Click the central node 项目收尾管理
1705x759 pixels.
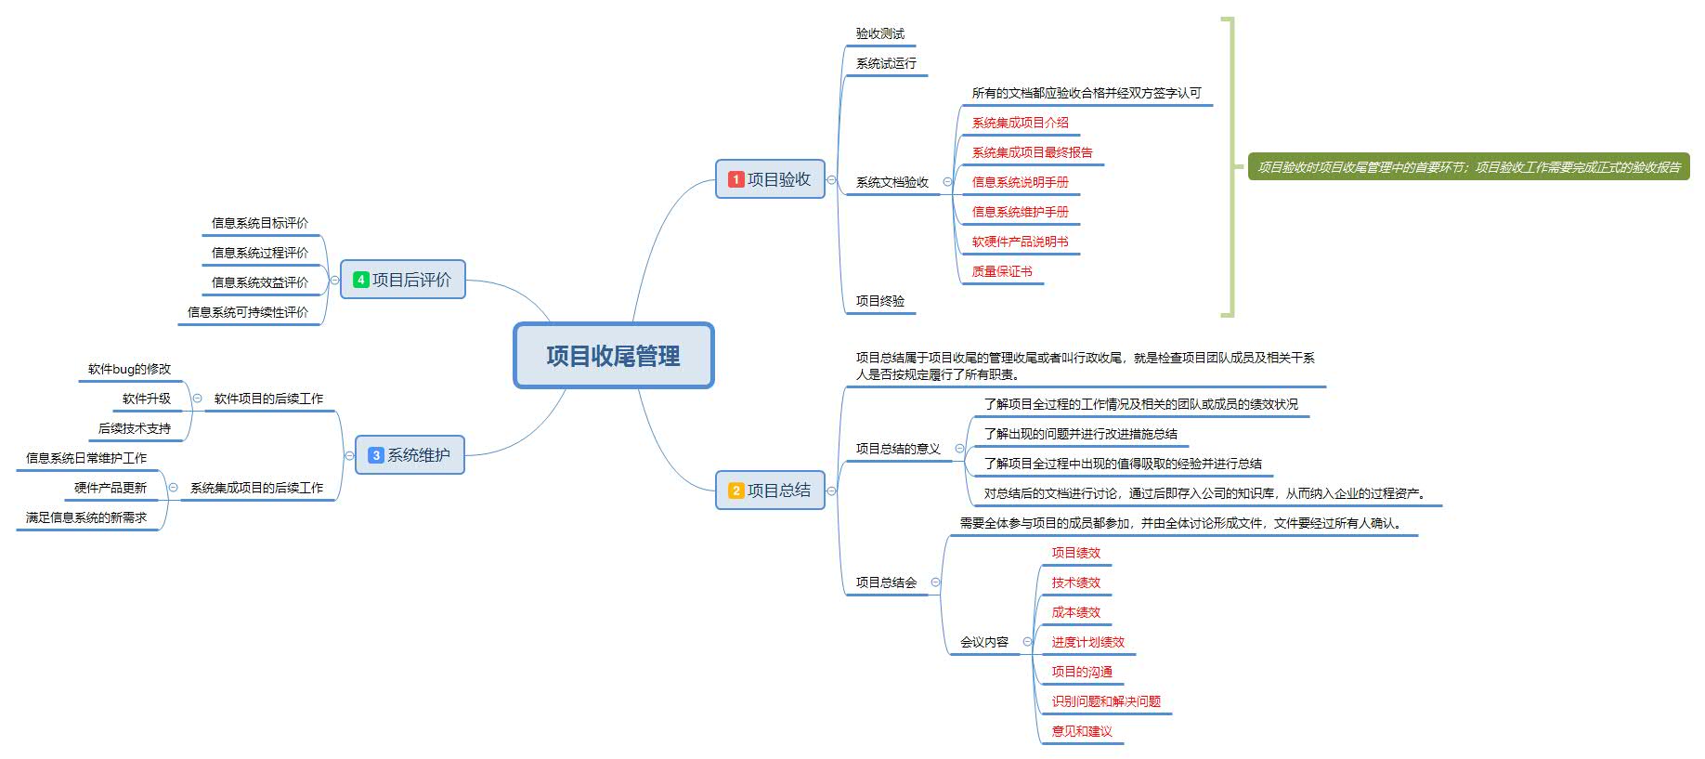[614, 356]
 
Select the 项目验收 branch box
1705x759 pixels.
[770, 179]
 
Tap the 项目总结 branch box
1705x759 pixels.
[770, 491]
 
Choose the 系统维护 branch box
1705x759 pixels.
[410, 455]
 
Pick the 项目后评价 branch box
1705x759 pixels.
[402, 280]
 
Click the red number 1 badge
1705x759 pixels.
[736, 179]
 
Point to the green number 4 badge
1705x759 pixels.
[361, 280]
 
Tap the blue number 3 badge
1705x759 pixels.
[376, 455]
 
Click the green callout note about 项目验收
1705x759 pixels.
[1468, 167]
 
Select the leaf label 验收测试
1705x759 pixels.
[879, 34]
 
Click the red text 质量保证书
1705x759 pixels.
[1002, 271]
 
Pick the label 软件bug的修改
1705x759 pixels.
[129, 369]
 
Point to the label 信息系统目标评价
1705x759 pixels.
[260, 223]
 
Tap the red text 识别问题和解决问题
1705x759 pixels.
[1106, 701]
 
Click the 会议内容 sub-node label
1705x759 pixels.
[984, 642]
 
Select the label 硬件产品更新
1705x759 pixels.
[111, 488]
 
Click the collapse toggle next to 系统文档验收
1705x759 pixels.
[947, 182]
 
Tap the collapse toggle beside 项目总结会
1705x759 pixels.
[935, 582]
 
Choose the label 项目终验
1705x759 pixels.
[879, 301]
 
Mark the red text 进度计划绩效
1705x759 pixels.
[1087, 642]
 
